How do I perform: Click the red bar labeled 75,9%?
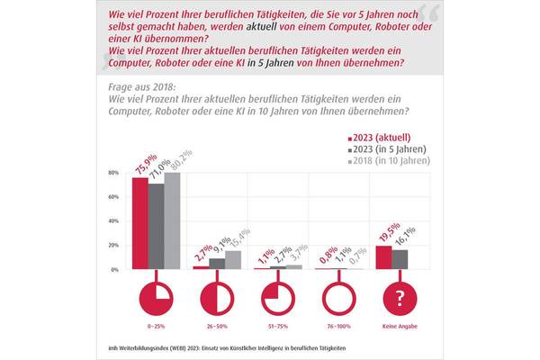coord(140,224)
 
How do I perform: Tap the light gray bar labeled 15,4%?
coord(234,260)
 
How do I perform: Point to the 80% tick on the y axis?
coord(114,172)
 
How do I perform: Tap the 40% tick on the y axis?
coord(114,221)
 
